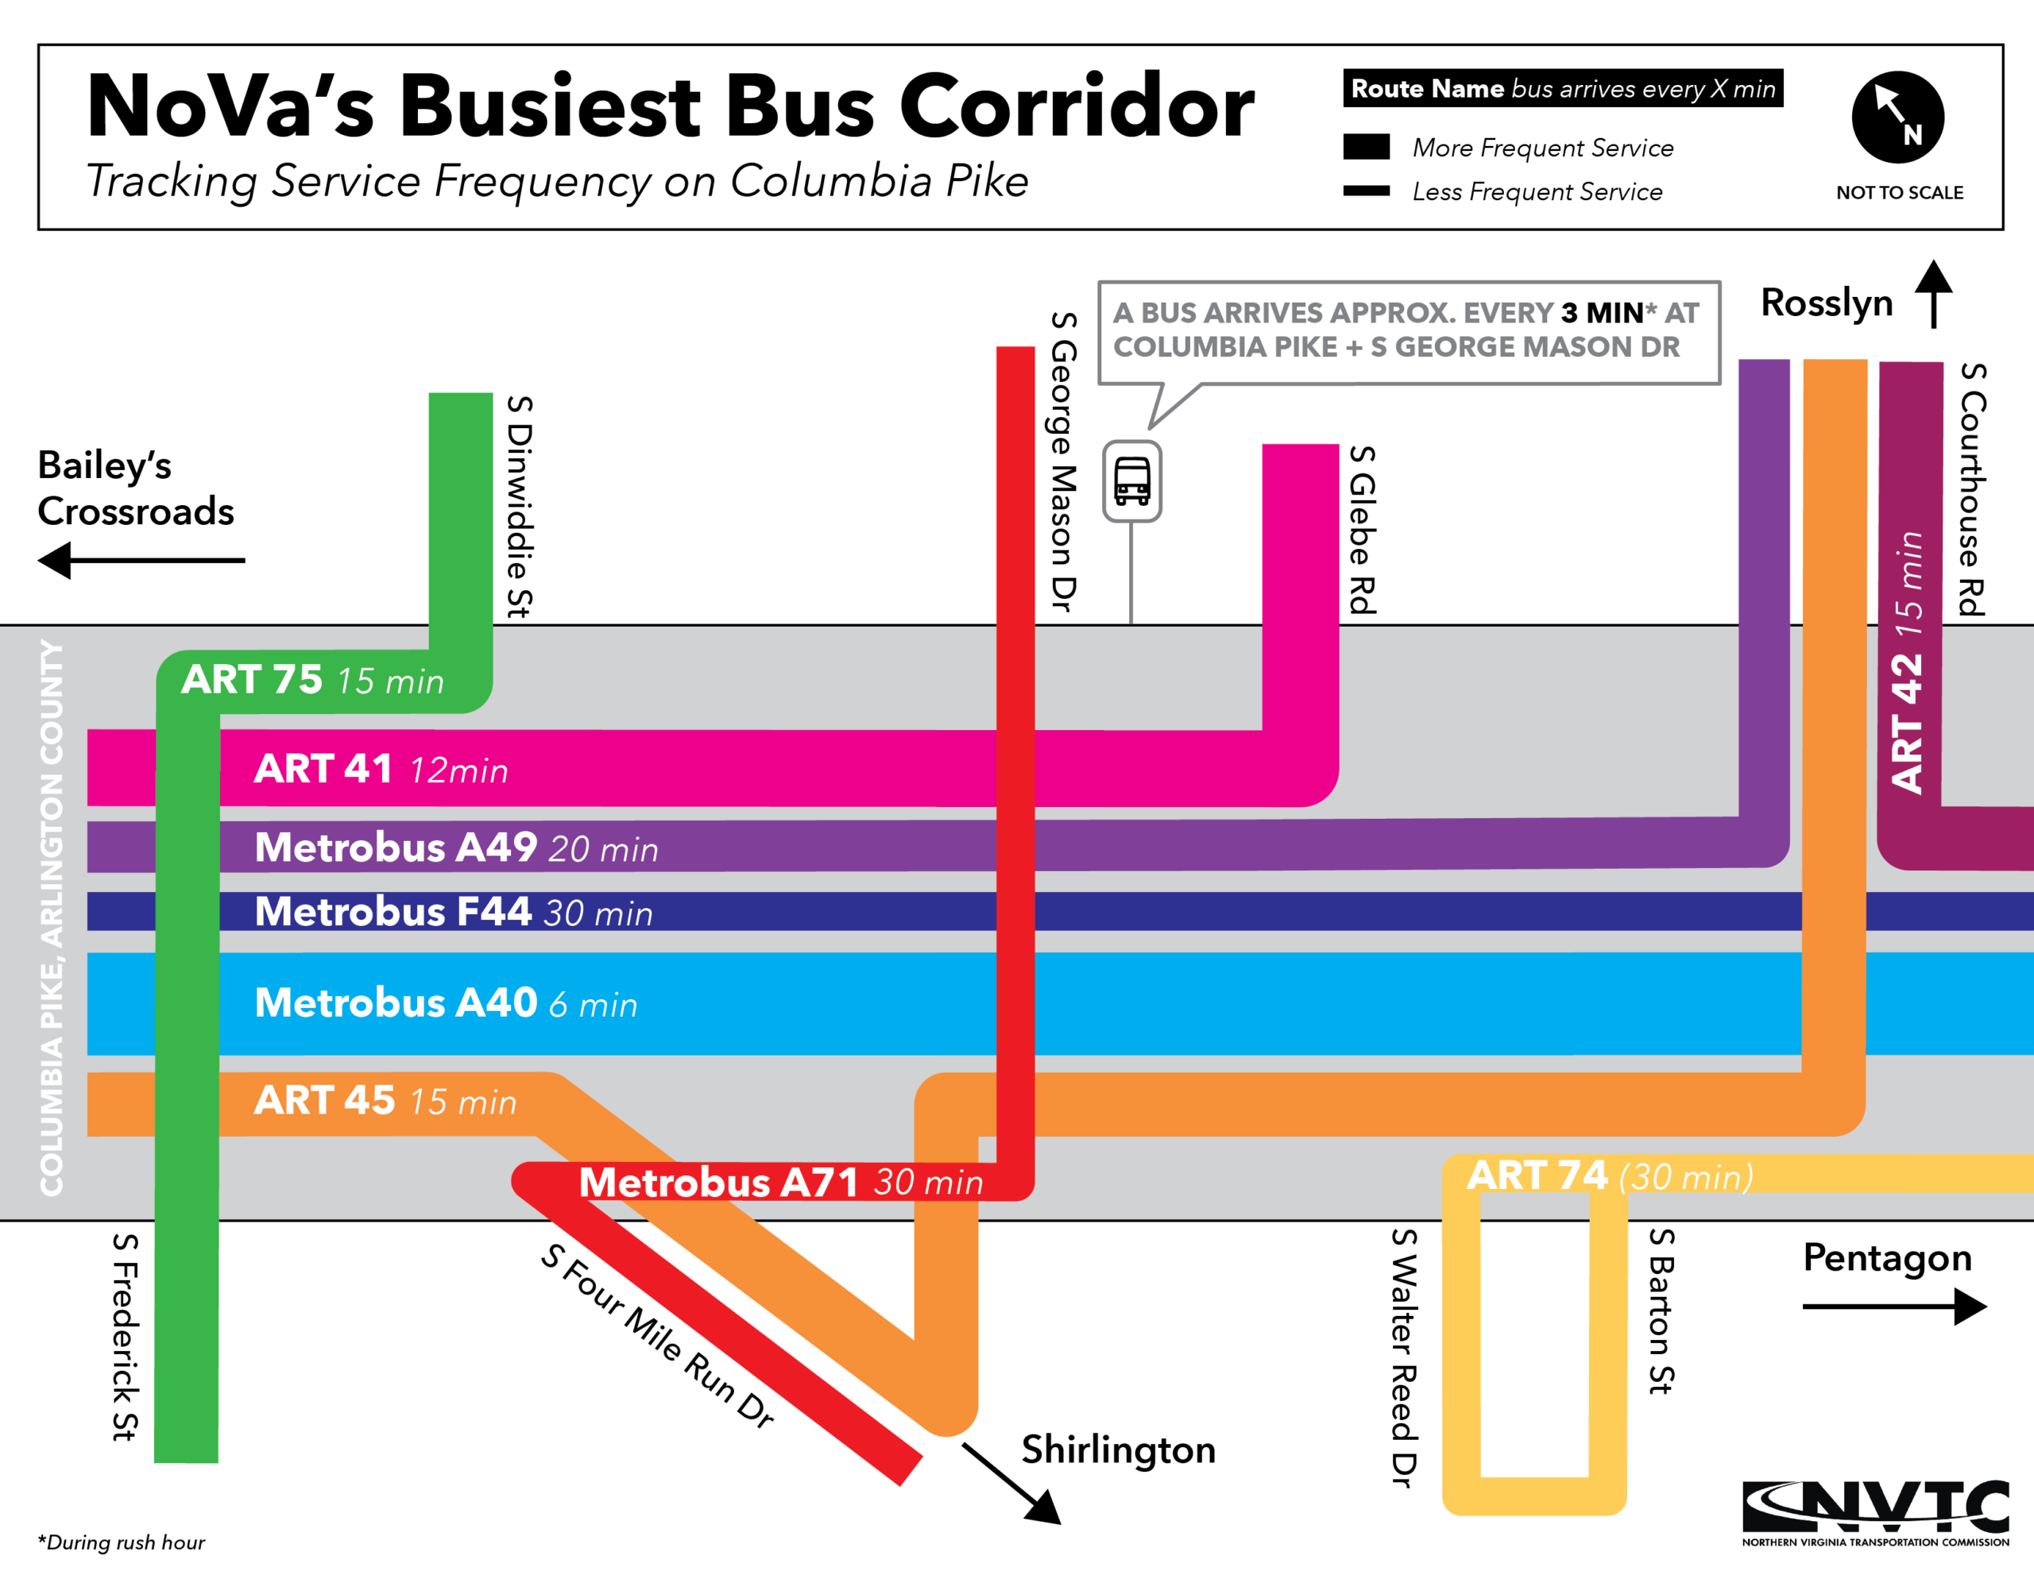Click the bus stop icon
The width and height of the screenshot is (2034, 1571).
[1131, 481]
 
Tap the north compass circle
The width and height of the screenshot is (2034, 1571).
[1897, 118]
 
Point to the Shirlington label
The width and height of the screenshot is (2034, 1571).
[1118, 1450]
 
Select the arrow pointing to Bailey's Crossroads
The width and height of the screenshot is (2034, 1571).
[140, 561]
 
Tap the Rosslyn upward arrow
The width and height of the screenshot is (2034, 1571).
[1933, 293]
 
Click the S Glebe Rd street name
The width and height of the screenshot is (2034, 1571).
[1363, 530]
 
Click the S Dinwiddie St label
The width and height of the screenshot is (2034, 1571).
[520, 507]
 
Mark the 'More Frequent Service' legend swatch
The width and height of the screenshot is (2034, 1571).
[1367, 147]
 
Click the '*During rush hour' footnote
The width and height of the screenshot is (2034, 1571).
[121, 1542]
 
